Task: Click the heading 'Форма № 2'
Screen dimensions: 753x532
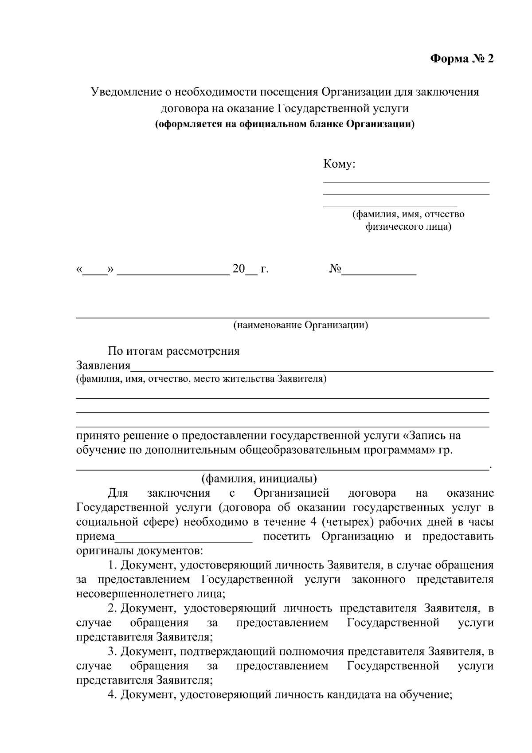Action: point(462,59)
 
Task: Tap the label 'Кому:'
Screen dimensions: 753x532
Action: point(340,165)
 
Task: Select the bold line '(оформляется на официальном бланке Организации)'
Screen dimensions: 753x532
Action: point(285,124)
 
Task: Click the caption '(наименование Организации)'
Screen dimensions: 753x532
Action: point(301,325)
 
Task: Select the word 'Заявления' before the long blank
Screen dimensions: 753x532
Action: point(103,366)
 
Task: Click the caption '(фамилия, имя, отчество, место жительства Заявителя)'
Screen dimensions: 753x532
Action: point(201,379)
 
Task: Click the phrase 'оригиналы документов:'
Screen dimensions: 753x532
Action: point(140,551)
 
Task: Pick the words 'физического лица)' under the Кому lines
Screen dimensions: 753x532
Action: point(408,227)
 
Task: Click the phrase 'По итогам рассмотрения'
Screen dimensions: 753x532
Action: point(174,351)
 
